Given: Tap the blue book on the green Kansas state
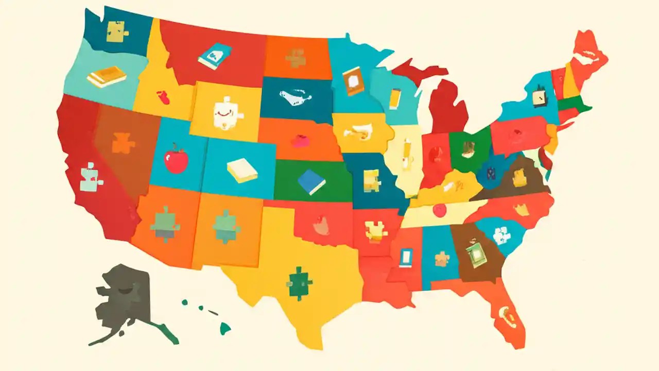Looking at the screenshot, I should point(311,182).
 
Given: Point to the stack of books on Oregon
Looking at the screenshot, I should point(107,77).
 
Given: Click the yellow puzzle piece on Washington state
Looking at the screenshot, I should point(118,31).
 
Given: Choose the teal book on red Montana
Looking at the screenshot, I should point(215,56).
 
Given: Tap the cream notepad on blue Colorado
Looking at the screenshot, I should point(242,170).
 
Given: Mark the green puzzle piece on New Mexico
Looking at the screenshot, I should point(227,226).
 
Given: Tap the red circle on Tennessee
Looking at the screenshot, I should point(439,210).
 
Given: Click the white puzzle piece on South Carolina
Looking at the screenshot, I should point(501,235).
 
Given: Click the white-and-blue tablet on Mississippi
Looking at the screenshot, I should point(406,257).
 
